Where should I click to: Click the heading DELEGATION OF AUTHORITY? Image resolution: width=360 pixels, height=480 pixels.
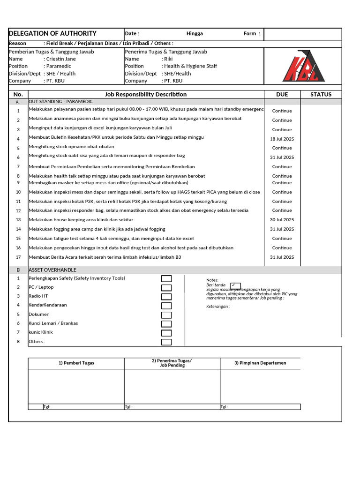tap(52, 34)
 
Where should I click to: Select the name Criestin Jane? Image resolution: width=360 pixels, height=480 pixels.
tap(60, 59)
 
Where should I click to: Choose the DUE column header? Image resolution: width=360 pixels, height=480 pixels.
tap(282, 94)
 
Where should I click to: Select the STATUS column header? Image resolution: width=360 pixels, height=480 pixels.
tap(321, 94)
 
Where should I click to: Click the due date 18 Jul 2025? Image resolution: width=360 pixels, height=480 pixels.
tap(282, 139)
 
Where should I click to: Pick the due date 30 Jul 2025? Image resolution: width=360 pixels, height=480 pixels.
tap(282, 220)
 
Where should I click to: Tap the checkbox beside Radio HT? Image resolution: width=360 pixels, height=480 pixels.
tap(166, 297)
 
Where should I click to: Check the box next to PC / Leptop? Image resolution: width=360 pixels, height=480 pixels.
tap(166, 287)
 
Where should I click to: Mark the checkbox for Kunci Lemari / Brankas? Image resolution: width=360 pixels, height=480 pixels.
tap(166, 324)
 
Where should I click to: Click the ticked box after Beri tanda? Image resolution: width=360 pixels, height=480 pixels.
tap(235, 285)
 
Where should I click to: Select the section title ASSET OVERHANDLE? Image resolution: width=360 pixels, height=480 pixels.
tap(52, 270)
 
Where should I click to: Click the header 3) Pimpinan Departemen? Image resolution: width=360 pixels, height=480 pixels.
tap(260, 363)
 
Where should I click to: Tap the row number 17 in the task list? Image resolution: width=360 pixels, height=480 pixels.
tap(18, 257)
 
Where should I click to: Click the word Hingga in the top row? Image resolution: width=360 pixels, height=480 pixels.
tap(195, 34)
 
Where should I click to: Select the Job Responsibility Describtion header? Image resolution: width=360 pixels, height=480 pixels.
tap(146, 94)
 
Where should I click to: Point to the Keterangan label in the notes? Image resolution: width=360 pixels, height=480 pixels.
tap(218, 307)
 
